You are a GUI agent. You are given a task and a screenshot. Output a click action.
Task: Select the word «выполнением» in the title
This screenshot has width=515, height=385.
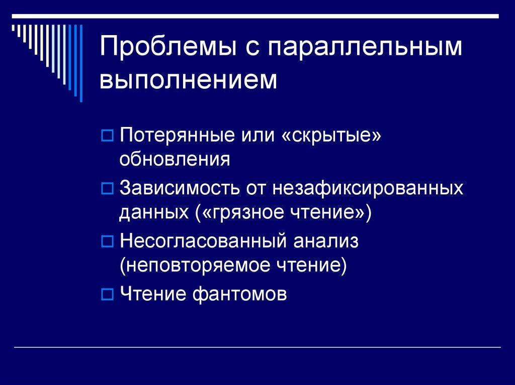[x=189, y=80]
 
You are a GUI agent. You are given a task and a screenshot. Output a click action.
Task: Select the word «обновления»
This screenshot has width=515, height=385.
[x=175, y=160]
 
